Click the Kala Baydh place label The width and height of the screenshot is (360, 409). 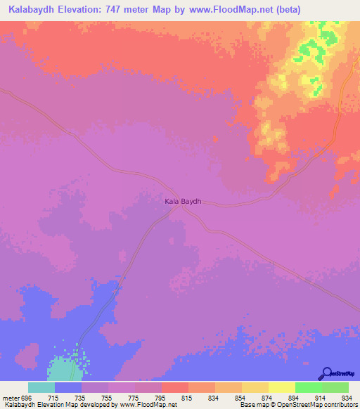coord(183,202)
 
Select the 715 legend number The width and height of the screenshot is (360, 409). coord(53,398)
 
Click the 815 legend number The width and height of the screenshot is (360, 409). coord(186,398)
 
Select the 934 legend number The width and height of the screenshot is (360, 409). coord(347,398)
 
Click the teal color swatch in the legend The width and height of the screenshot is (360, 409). coord(41,387)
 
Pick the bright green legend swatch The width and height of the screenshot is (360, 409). coord(308,387)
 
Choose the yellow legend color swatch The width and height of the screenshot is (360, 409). coord(281,387)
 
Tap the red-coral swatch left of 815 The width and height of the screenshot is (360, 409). coord(174,387)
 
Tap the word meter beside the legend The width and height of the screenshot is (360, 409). coord(9,398)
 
